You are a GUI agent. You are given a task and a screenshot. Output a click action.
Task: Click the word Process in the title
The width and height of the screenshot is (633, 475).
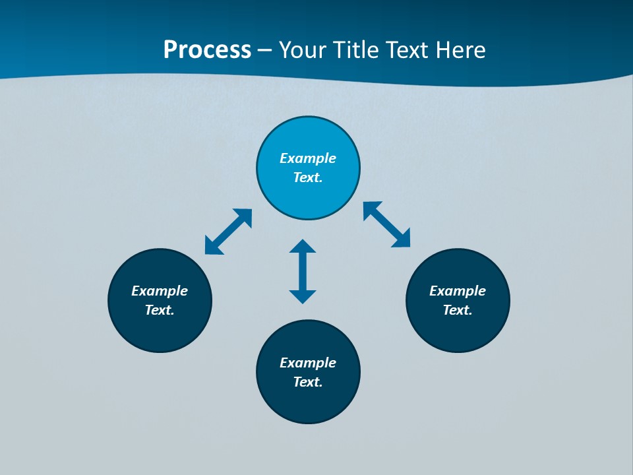click(x=207, y=50)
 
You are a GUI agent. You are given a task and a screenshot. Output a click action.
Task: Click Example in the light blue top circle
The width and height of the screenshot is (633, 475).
click(x=308, y=158)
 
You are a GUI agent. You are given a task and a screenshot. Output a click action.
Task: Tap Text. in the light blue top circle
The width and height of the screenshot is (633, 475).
click(x=308, y=177)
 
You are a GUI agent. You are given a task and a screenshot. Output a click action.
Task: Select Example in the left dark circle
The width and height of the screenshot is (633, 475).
click(x=160, y=291)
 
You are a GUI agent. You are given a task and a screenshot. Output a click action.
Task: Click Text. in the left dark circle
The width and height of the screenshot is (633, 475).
click(x=160, y=310)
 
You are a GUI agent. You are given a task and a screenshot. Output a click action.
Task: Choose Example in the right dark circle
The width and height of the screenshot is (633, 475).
click(x=458, y=291)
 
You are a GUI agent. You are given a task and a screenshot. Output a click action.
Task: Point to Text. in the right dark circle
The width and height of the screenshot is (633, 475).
click(x=458, y=310)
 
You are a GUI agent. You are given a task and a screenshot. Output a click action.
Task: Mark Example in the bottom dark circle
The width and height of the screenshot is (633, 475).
click(x=308, y=363)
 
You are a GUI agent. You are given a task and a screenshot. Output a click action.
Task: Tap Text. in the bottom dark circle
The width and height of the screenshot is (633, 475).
click(x=308, y=382)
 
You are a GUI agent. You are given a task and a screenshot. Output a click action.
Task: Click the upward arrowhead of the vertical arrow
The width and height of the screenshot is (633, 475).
click(x=303, y=246)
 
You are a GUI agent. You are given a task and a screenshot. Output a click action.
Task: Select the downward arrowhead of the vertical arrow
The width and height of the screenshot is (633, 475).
click(x=303, y=296)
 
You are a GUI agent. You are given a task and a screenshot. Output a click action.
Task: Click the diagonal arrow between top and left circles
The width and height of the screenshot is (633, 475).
click(x=228, y=232)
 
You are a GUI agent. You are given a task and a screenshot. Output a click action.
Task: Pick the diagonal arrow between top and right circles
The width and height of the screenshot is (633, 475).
click(x=387, y=224)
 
